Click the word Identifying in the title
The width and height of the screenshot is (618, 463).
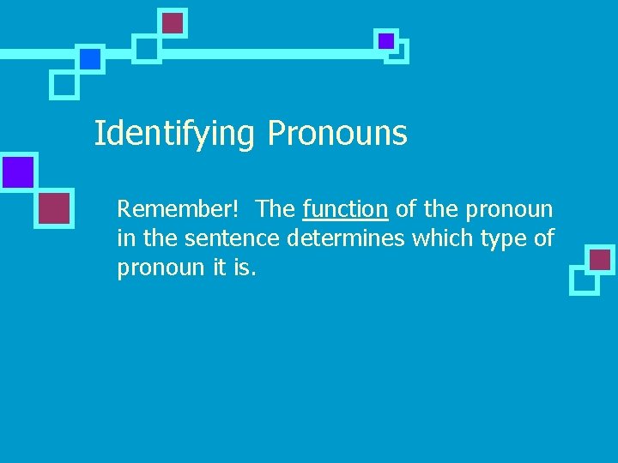point(174,134)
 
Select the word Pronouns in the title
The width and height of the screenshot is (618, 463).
point(337,134)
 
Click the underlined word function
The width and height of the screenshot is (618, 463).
point(345,209)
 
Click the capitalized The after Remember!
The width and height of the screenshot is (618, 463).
point(276,209)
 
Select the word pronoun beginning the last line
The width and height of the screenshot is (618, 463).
point(161,268)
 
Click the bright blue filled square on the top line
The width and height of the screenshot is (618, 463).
point(89,58)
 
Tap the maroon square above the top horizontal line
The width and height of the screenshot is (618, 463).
point(173,23)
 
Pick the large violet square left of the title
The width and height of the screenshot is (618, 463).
point(17,171)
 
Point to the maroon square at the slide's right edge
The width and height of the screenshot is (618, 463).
point(600,259)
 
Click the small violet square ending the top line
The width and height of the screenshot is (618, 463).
point(386,40)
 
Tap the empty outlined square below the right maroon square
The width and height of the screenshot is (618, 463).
point(583,280)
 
